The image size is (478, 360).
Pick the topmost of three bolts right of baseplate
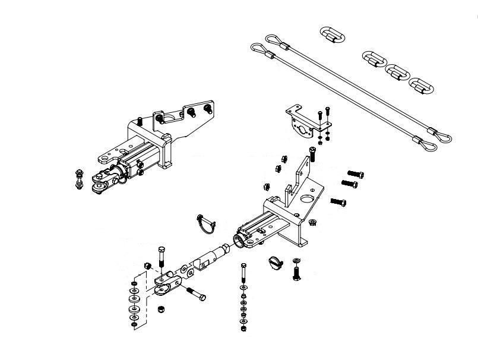[354, 173]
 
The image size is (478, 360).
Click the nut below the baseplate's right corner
[312, 222]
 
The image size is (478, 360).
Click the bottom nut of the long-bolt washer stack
[243, 328]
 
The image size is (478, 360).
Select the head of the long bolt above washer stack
[242, 266]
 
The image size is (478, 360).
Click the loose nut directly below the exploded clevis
[159, 309]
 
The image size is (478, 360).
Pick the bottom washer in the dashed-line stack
[134, 324]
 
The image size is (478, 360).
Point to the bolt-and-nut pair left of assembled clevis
[79, 180]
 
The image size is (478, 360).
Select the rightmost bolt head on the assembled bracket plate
[207, 109]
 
